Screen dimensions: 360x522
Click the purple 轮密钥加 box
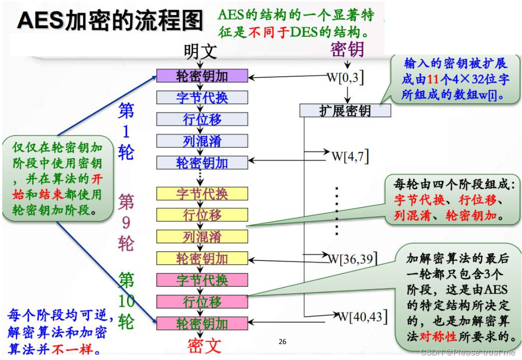pos(202,76)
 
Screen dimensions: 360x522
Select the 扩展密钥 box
pos(345,110)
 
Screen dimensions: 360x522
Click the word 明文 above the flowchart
pos(201,51)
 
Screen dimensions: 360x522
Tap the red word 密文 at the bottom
pos(204,346)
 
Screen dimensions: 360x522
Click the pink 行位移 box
pos(202,301)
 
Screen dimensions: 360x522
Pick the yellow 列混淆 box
pos(202,236)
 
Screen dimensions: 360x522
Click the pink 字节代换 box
pos(202,280)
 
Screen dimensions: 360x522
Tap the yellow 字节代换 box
pos(202,194)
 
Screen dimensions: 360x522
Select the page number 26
pos(282,342)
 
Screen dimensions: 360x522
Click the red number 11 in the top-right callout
pos(433,79)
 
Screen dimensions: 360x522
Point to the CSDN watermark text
pos(468,352)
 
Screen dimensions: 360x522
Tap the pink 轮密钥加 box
pos(202,323)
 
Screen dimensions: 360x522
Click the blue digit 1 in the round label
pos(126,131)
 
